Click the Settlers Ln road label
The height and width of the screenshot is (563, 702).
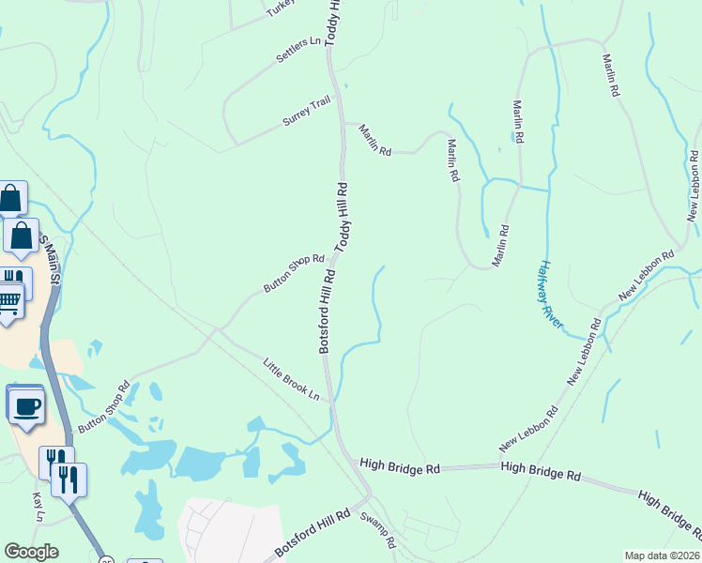298,51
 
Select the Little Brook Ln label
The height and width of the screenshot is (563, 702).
291,379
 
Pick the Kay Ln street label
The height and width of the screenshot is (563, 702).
38,507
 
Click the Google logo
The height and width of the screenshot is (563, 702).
31,552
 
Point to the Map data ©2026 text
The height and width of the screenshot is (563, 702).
662,555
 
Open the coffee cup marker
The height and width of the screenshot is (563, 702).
24,405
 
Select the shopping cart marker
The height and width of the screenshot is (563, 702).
8,301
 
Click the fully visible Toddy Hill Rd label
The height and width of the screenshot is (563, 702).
342,215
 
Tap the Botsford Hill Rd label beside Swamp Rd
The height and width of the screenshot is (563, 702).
313,532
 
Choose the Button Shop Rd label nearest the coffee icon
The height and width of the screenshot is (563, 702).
102,406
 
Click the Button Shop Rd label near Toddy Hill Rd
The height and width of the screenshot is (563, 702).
293,274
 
